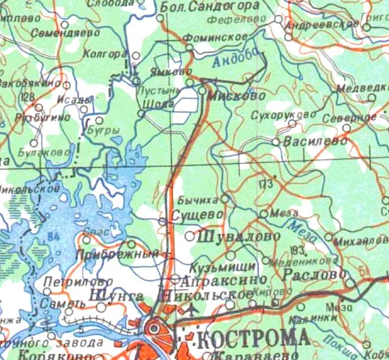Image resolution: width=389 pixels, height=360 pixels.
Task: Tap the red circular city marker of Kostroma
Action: coord(153,328)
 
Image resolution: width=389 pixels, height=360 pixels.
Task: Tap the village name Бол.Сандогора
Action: coord(210,7)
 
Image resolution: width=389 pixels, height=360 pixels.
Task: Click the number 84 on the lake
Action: coord(54,235)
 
